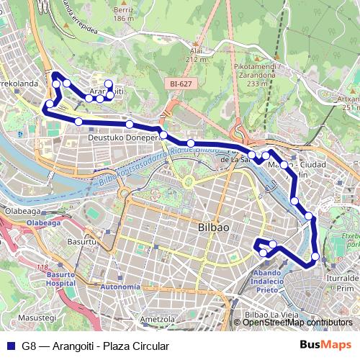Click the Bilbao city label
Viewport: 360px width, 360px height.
[x=213, y=228]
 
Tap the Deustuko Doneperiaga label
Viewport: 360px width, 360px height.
[x=122, y=137]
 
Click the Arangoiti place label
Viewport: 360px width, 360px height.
[x=106, y=92]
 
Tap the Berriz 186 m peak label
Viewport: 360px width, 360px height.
[x=124, y=14]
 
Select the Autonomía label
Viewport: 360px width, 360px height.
[x=121, y=287]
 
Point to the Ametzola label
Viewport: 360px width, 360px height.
[x=159, y=318]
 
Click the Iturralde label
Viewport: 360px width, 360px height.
[x=342, y=276]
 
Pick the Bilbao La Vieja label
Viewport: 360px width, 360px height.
[x=271, y=315]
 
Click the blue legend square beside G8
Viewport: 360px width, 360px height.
[x=12, y=346]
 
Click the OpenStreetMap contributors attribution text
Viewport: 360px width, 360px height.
[x=297, y=323]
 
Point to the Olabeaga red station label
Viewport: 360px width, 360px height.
[x=43, y=223]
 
